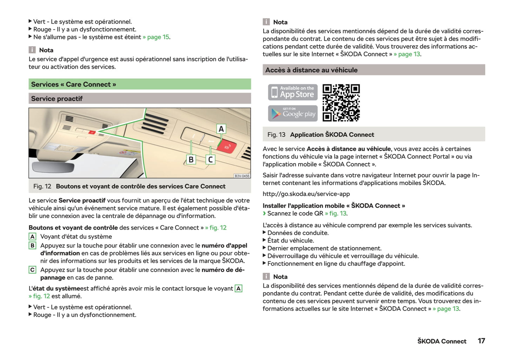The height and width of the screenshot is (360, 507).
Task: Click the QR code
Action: [341, 102]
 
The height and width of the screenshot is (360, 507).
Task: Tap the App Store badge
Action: [293, 92]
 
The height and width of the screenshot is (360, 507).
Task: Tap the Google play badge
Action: [293, 113]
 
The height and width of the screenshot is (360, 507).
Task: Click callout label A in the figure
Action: [221, 129]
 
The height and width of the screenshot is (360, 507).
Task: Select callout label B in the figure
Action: [191, 160]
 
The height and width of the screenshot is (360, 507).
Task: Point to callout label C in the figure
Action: [210, 160]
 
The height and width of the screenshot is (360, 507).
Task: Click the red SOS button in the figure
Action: [227, 146]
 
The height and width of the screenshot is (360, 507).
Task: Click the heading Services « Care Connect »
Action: [74, 84]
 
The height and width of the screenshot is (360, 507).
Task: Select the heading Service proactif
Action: [57, 99]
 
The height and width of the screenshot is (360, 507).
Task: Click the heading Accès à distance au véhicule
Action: [311, 70]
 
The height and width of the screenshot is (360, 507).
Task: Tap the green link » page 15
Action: [156, 37]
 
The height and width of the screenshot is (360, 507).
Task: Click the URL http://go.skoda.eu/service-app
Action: [306, 194]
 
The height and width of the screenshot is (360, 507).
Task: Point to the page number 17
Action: [481, 341]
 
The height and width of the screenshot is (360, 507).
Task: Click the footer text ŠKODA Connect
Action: [442, 341]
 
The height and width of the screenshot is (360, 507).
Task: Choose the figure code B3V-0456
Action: [242, 176]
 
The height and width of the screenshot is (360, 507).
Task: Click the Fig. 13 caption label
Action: [276, 134]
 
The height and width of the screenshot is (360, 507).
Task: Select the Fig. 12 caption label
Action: [42, 186]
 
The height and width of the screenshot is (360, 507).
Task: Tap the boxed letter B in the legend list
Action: [32, 246]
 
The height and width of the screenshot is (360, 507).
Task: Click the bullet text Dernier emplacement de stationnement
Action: [324, 248]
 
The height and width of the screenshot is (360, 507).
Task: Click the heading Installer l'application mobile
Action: [334, 206]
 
